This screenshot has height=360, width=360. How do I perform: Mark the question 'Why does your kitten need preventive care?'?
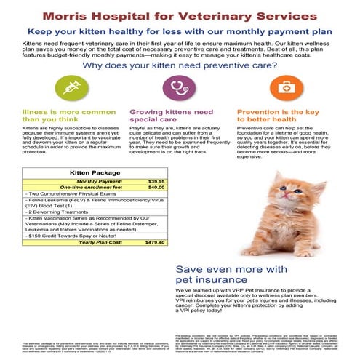pyautogui.click(x=180, y=65)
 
